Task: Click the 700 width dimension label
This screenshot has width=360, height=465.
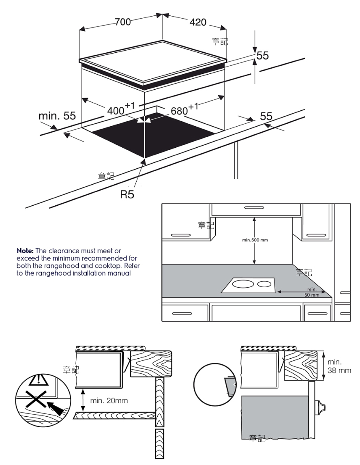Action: (122, 22)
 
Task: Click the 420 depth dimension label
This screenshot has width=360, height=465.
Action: (198, 22)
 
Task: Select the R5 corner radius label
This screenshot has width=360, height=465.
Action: (127, 195)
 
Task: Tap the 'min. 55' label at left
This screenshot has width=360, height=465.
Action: (57, 116)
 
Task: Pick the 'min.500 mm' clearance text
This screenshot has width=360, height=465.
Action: (255, 240)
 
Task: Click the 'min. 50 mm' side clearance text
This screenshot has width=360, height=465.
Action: (312, 292)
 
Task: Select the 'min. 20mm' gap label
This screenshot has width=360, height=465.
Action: (109, 401)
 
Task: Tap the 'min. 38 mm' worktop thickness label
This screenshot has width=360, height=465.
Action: (340, 366)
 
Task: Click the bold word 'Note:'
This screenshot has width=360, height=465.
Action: (26, 251)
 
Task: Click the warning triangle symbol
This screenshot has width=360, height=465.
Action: (39, 379)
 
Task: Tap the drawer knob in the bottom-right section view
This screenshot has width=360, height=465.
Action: (321, 406)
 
